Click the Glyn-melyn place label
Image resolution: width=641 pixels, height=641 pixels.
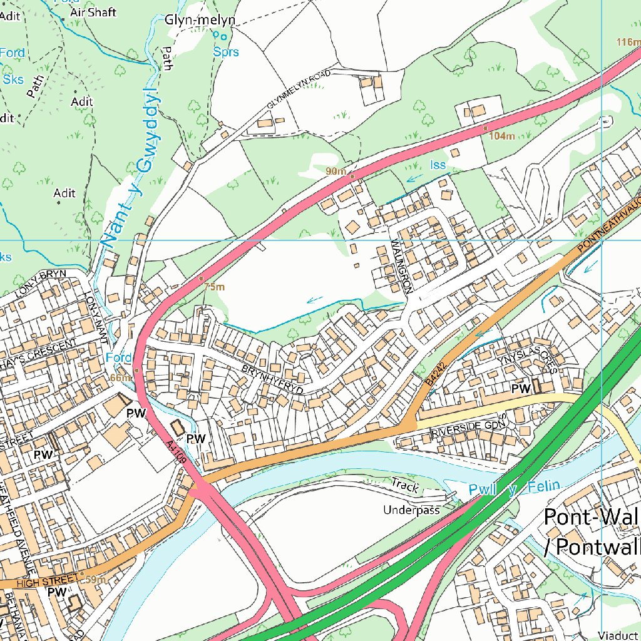click(200, 20)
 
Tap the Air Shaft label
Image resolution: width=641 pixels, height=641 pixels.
click(93, 12)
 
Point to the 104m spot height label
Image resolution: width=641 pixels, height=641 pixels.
click(502, 136)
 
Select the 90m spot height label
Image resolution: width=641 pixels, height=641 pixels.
click(336, 171)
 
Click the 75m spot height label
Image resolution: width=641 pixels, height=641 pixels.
click(214, 287)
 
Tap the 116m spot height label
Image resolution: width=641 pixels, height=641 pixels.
click(628, 42)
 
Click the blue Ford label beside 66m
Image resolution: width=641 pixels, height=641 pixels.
click(118, 357)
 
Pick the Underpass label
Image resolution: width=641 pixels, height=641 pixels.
click(411, 510)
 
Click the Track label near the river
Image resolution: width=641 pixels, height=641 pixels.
click(404, 483)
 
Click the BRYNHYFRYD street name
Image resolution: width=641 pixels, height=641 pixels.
click(272, 379)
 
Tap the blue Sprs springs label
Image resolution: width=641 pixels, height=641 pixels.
click(226, 52)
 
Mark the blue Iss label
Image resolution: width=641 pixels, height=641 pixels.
click(438, 165)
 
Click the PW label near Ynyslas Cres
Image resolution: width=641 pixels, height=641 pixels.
click(521, 389)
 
